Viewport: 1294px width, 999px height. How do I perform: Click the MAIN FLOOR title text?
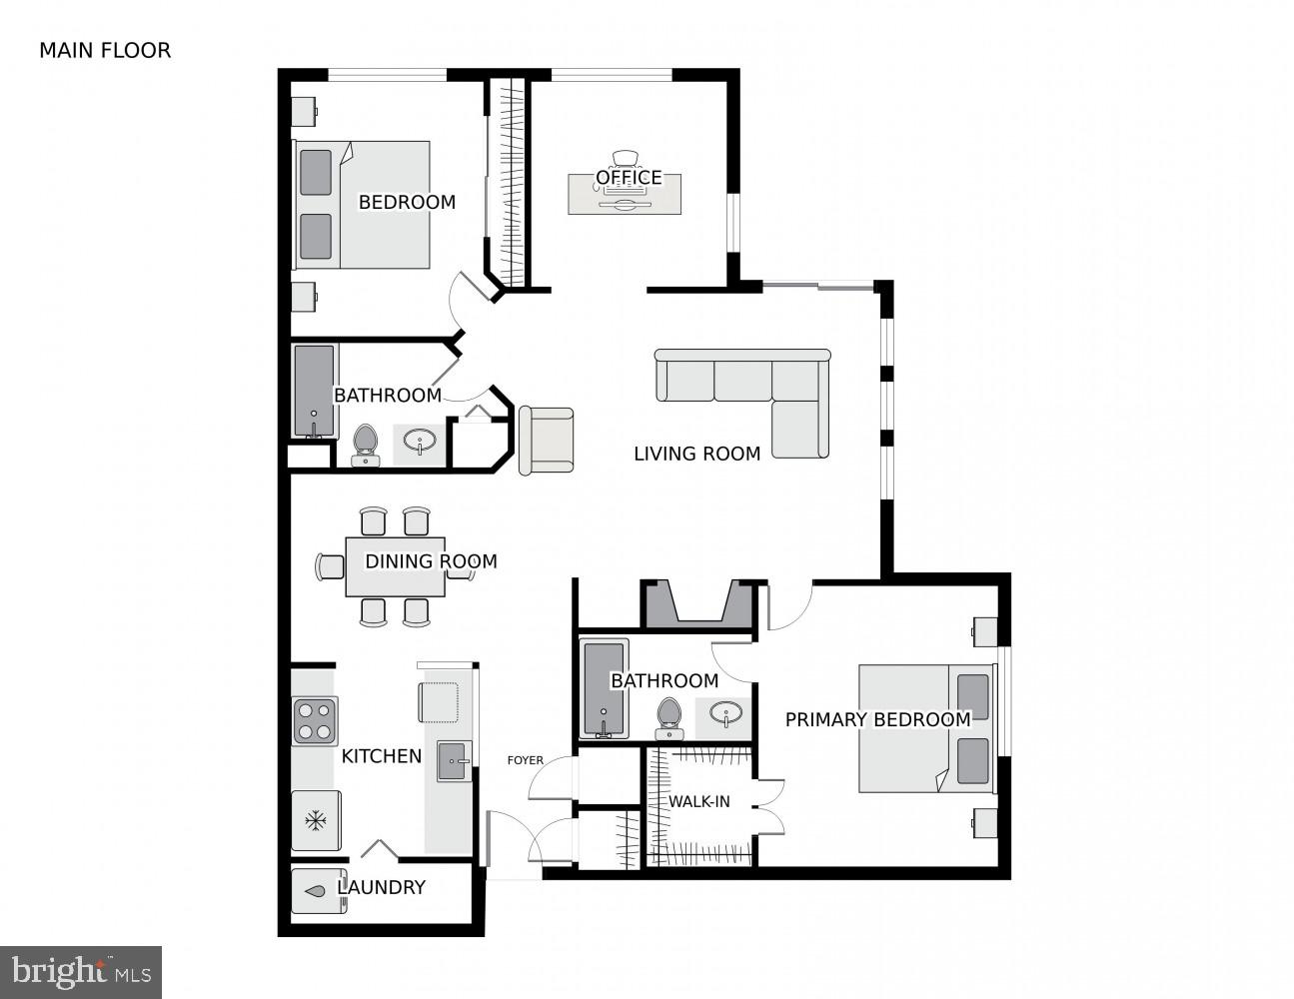pos(105,50)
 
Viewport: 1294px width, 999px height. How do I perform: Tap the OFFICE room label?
pos(629,178)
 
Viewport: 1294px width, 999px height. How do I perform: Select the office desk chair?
pos(626,158)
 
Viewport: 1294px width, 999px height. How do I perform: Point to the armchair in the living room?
pos(546,441)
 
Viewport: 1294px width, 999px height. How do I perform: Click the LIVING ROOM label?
pos(696,454)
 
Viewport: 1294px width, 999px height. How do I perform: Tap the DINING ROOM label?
pos(431,561)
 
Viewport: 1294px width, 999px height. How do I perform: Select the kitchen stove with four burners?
pos(315,720)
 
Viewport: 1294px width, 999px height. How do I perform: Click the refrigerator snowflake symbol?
pos(316,821)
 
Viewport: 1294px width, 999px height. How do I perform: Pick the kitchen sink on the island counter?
pos(454,761)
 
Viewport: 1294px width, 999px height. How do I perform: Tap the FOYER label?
pos(526,760)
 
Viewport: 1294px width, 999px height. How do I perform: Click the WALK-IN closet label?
pos(698,801)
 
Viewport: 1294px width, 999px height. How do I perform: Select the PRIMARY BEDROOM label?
pos(877,719)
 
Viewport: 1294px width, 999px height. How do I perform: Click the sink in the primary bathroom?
pos(725,713)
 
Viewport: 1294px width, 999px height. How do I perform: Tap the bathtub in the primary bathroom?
pos(604,689)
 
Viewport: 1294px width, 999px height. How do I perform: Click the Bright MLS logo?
pos(81,971)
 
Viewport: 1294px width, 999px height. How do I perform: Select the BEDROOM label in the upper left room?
pos(407,202)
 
